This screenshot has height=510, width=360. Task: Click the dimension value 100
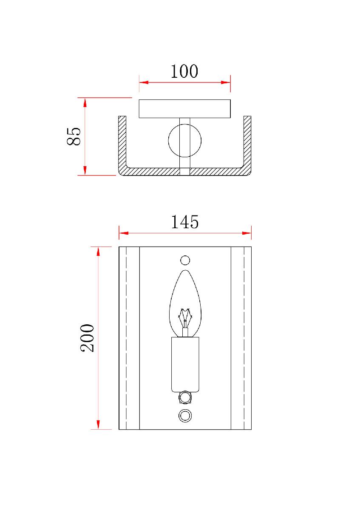click(184, 71)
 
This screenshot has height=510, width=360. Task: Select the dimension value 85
click(74, 136)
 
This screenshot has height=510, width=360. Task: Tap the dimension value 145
click(184, 222)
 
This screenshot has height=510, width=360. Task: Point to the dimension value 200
click(87, 338)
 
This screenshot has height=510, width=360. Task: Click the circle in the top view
click(168, 141)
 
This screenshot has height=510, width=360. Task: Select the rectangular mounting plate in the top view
click(184, 109)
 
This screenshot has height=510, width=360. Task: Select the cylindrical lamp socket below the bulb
click(185, 364)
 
